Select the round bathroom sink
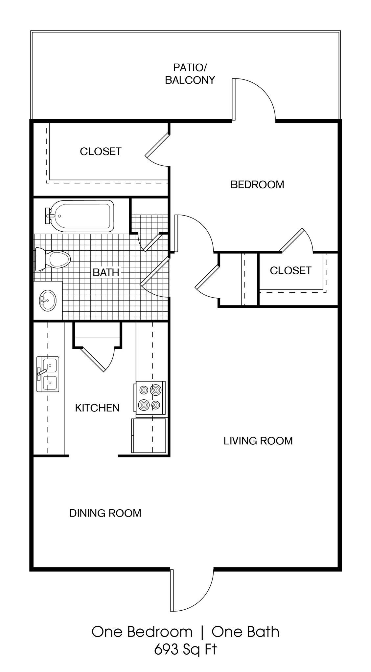48,300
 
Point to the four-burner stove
150,397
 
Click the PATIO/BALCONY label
190,74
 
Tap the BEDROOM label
257,184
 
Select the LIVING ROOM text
258,441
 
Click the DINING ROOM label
105,513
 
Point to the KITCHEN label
97,408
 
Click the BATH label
106,272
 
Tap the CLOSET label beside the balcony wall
101,151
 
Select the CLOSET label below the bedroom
290,270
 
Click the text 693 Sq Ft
185,649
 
